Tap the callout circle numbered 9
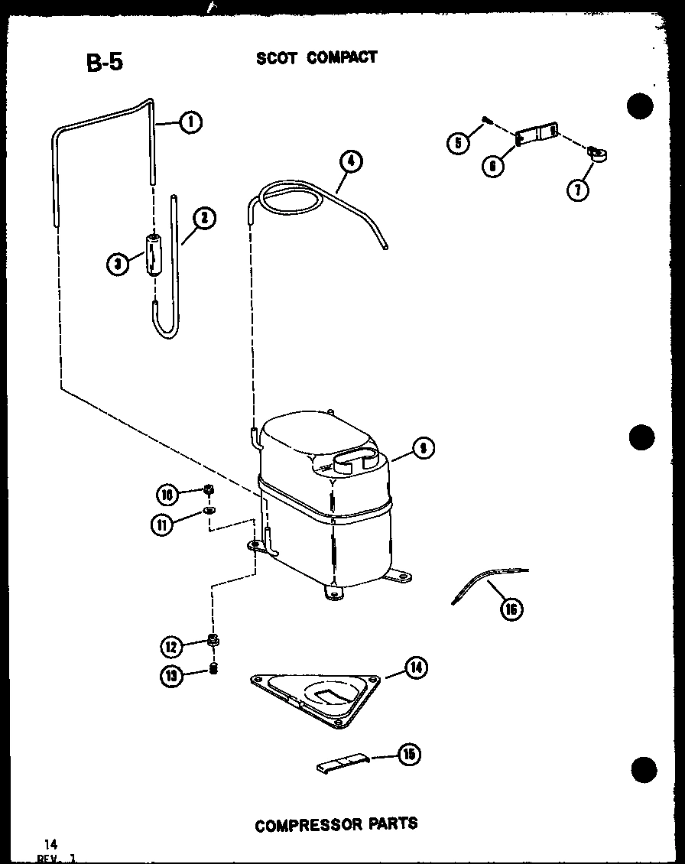click(x=422, y=449)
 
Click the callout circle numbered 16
click(x=511, y=609)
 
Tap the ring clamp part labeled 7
click(x=596, y=155)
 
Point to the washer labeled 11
click(x=209, y=510)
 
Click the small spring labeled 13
click(x=214, y=670)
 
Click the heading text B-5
click(x=105, y=63)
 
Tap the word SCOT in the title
click(x=277, y=58)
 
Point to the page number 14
click(x=50, y=844)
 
